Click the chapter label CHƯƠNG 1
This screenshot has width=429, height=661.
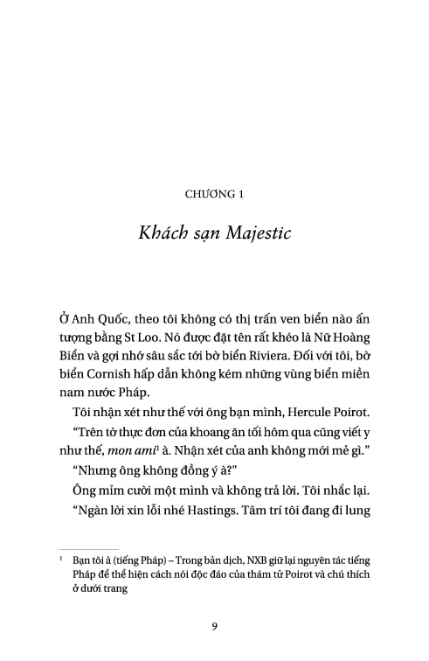(214, 194)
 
